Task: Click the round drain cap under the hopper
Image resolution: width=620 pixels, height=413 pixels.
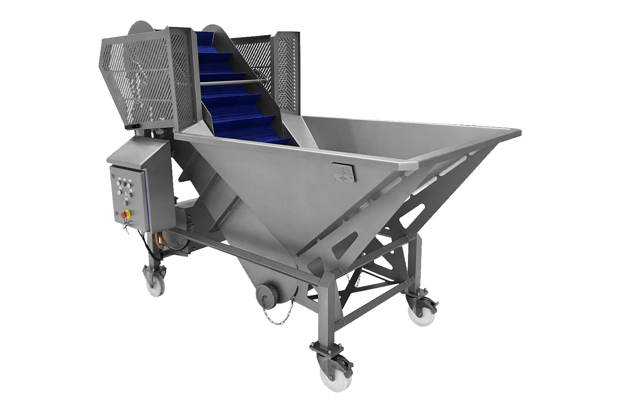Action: pyautogui.click(x=265, y=294)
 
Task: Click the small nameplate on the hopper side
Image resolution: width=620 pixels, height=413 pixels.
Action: pyautogui.click(x=343, y=171)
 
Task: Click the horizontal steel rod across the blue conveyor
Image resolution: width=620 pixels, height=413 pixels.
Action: pyautogui.click(x=231, y=82)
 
